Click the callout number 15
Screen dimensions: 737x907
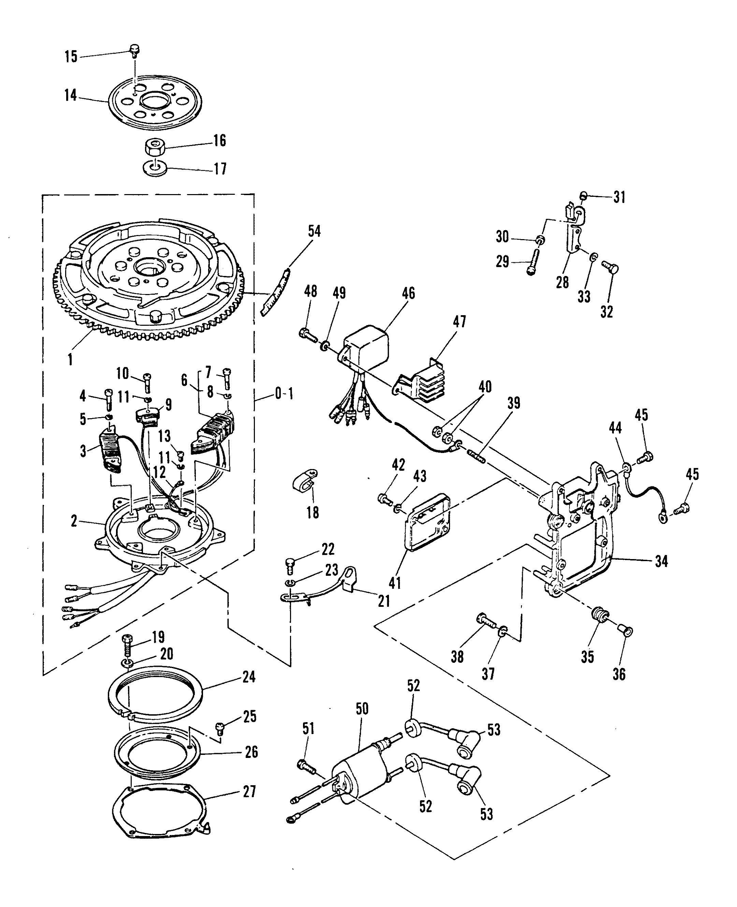point(71,56)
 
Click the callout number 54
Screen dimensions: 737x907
point(314,232)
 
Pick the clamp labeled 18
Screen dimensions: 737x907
point(306,481)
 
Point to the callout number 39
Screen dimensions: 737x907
point(514,403)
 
